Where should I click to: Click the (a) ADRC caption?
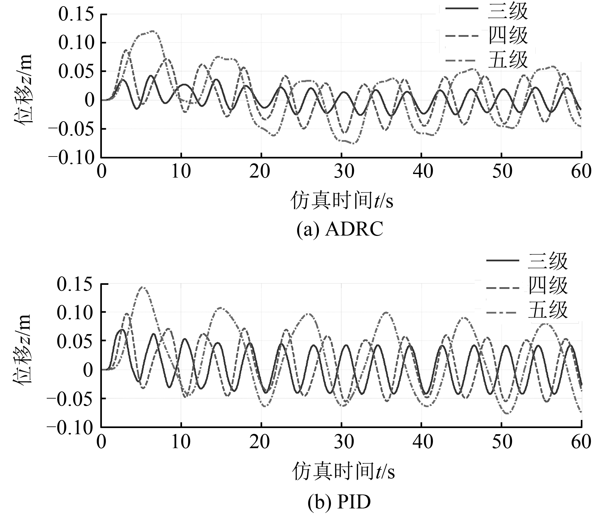(340, 229)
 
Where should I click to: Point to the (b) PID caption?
(339, 502)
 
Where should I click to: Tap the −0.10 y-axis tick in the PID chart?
(70, 427)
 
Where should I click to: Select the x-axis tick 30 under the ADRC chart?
(341, 171)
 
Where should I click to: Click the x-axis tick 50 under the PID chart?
(502, 442)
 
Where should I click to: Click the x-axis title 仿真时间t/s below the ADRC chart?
(341, 201)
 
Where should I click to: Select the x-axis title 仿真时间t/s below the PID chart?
(343, 471)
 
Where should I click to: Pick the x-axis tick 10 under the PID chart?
(181, 442)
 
